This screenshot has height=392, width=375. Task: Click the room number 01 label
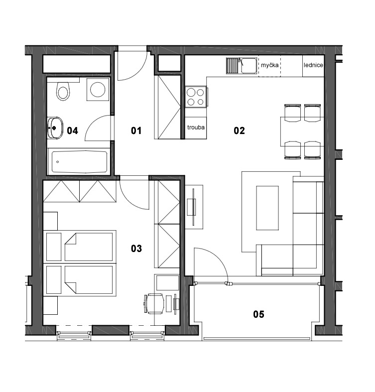click(x=136, y=131)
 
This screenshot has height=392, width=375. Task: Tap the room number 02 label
click(x=239, y=131)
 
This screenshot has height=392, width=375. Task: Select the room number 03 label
click(x=136, y=248)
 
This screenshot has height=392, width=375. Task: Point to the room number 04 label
click(x=73, y=131)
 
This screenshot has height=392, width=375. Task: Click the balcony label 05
click(x=259, y=314)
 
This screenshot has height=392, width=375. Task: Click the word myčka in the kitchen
click(x=269, y=65)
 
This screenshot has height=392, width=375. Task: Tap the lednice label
click(x=313, y=65)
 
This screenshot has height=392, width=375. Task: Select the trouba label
click(x=196, y=127)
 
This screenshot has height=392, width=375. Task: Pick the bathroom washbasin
click(x=55, y=128)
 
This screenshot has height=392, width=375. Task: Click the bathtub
click(x=80, y=161)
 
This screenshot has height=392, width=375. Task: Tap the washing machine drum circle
click(x=98, y=89)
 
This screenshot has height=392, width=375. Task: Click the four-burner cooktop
click(x=196, y=97)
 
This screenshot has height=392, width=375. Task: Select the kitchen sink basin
click(x=248, y=66)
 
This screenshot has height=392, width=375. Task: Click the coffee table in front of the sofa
click(x=267, y=208)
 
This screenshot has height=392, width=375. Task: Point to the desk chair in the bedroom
click(x=154, y=303)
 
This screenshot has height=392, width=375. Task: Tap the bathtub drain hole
click(x=58, y=162)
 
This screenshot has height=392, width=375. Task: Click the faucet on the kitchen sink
click(x=241, y=61)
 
